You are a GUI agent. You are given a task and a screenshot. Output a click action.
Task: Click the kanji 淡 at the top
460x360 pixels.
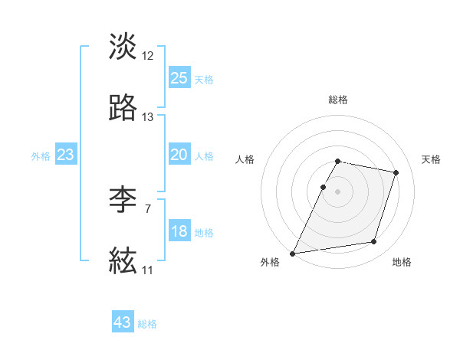(x=123, y=47)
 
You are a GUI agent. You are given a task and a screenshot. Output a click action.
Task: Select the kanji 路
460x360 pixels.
(x=123, y=109)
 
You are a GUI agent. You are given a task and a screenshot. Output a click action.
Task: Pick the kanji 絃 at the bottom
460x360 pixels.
(x=123, y=261)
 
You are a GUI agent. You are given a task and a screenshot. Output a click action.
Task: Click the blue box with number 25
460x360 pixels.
(x=179, y=78)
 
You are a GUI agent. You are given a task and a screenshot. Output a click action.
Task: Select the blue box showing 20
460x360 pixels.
(x=179, y=155)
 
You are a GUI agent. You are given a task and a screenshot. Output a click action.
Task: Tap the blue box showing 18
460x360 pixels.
(x=179, y=231)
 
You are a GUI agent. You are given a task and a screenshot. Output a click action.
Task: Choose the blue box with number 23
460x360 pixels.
(x=65, y=155)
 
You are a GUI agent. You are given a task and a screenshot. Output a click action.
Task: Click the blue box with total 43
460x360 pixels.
(x=123, y=322)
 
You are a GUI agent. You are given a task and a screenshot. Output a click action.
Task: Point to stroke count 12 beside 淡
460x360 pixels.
(x=148, y=55)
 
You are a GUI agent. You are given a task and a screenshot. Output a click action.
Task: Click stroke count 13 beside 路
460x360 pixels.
(x=148, y=117)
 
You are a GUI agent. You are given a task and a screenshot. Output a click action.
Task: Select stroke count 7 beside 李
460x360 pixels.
(x=147, y=208)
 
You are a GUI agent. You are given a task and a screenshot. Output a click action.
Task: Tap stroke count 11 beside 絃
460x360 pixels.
(x=147, y=270)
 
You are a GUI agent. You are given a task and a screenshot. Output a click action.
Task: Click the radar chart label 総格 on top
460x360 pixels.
(x=338, y=100)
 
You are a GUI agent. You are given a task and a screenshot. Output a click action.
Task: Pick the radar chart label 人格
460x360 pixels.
(x=245, y=159)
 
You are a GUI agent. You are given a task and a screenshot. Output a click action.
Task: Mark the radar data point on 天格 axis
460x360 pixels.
(x=396, y=173)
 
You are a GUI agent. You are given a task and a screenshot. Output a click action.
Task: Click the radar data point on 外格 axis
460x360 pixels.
(x=293, y=253)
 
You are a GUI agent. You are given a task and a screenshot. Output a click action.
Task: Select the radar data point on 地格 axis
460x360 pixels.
(x=374, y=242)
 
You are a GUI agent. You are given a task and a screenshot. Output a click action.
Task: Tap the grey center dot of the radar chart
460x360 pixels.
(x=338, y=191)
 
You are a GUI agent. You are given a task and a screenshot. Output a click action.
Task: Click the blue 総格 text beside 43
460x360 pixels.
(x=147, y=324)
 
